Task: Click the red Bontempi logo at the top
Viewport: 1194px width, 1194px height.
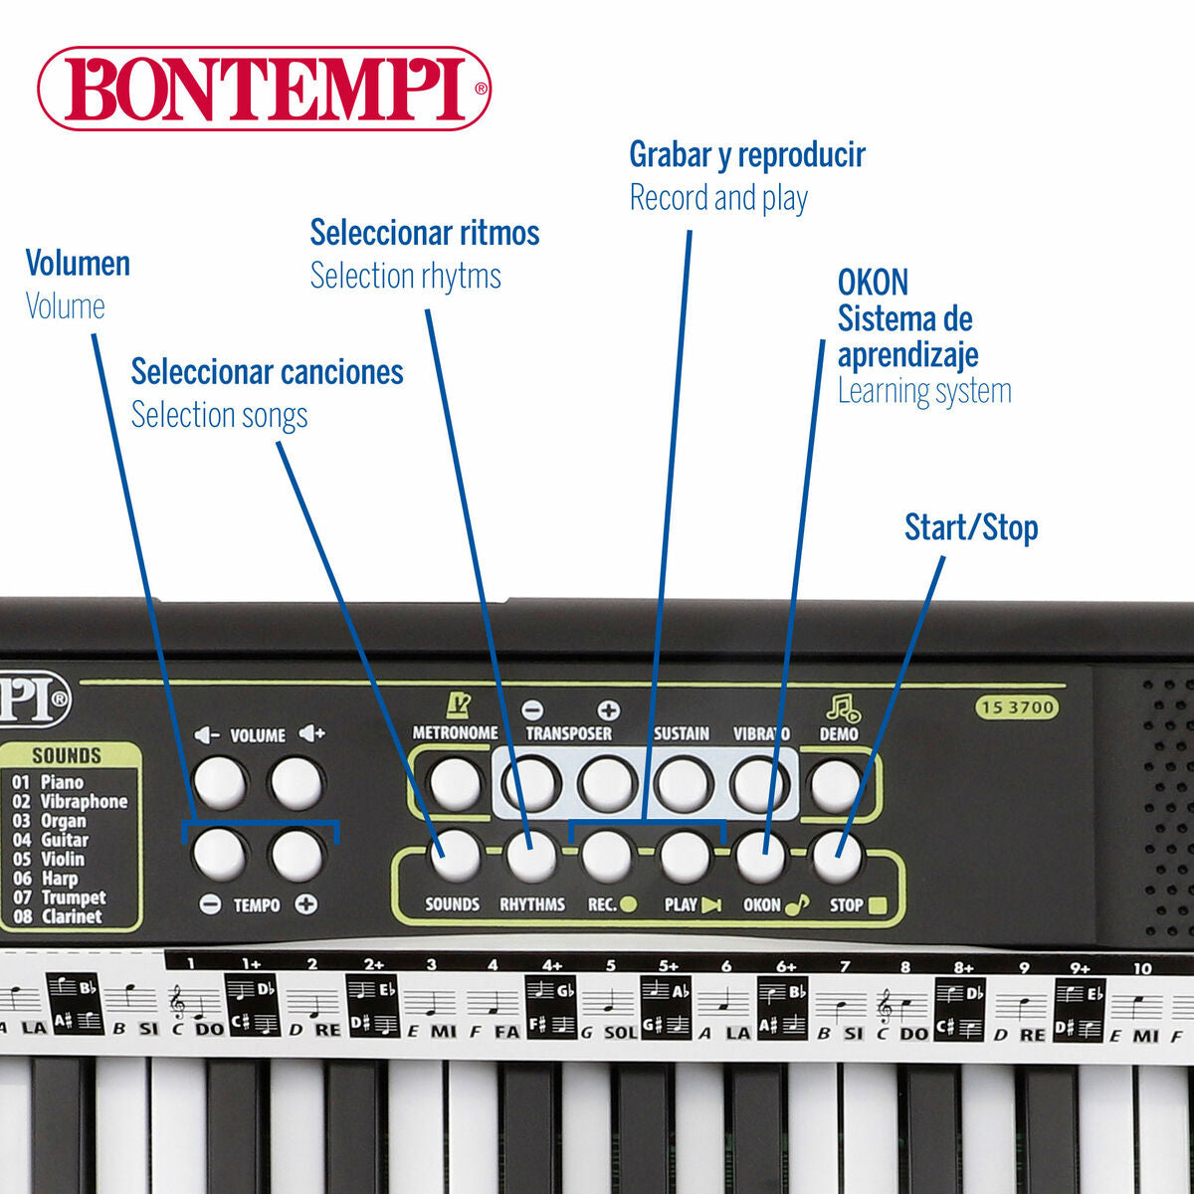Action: pos(265,88)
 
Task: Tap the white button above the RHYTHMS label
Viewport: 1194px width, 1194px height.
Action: pos(531,856)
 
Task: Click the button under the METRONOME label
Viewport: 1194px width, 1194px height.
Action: pos(456,784)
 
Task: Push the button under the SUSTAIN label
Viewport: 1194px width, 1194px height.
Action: pos(684,784)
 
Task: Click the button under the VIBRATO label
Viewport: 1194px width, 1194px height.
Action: pos(759,785)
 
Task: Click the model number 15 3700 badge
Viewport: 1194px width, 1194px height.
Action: pos(1018,707)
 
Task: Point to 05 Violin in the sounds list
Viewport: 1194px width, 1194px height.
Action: pos(49,859)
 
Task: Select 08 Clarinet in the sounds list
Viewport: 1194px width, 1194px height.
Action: pos(57,916)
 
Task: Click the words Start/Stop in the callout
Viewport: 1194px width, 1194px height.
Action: pos(971,527)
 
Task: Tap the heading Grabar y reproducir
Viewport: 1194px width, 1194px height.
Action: pos(747,155)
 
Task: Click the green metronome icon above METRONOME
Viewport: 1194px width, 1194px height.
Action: pos(458,705)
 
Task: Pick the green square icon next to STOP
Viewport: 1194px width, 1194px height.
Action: pos(878,905)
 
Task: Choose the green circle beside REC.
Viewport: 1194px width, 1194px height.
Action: pos(628,904)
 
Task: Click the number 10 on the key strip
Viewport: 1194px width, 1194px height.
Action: pos(1142,968)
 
